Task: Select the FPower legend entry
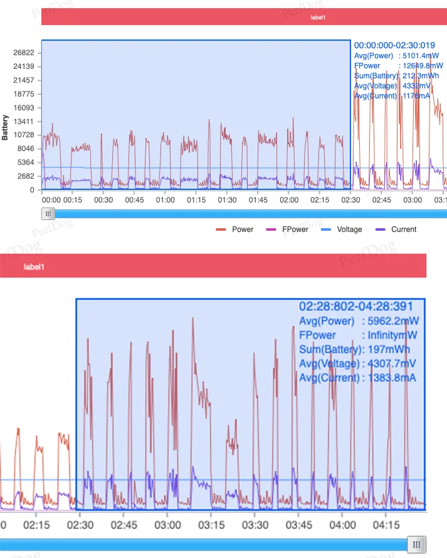[295, 229]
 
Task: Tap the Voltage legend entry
[349, 229]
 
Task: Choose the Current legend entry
[403, 229]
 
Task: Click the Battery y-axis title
[6, 127]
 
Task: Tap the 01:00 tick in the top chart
[166, 200]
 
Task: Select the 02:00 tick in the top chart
[289, 200]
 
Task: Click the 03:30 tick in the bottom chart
[256, 525]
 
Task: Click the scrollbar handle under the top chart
[48, 214]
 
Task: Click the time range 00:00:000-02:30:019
[394, 45]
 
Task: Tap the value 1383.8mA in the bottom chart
[392, 378]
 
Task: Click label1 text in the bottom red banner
[34, 267]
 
